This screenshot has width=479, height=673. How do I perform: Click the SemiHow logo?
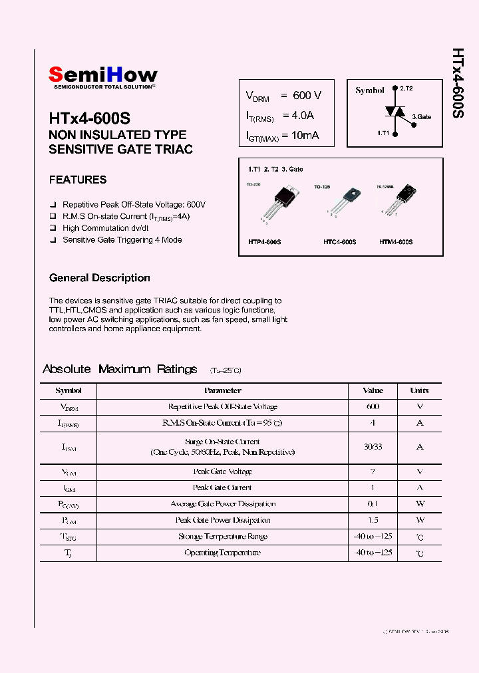(103, 76)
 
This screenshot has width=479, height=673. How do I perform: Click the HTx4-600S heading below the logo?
(89, 118)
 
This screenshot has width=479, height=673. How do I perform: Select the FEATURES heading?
(78, 180)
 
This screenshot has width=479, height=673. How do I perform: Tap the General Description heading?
(100, 278)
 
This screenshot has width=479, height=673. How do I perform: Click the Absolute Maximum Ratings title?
(120, 369)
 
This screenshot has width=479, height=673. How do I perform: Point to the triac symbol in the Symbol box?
(397, 112)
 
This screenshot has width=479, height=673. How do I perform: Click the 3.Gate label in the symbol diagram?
(421, 117)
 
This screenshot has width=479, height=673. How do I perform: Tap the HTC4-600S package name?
(339, 243)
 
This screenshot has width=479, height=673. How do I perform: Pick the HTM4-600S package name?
(396, 243)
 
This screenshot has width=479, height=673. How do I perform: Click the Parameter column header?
(223, 390)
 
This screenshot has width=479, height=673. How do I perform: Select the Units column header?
(419, 390)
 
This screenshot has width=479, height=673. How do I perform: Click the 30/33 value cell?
(373, 447)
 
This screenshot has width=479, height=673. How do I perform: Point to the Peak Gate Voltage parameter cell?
(223, 471)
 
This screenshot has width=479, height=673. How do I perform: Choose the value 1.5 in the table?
(373, 520)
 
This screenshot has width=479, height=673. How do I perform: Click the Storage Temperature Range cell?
(223, 537)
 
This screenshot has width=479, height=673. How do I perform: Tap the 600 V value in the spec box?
(307, 96)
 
